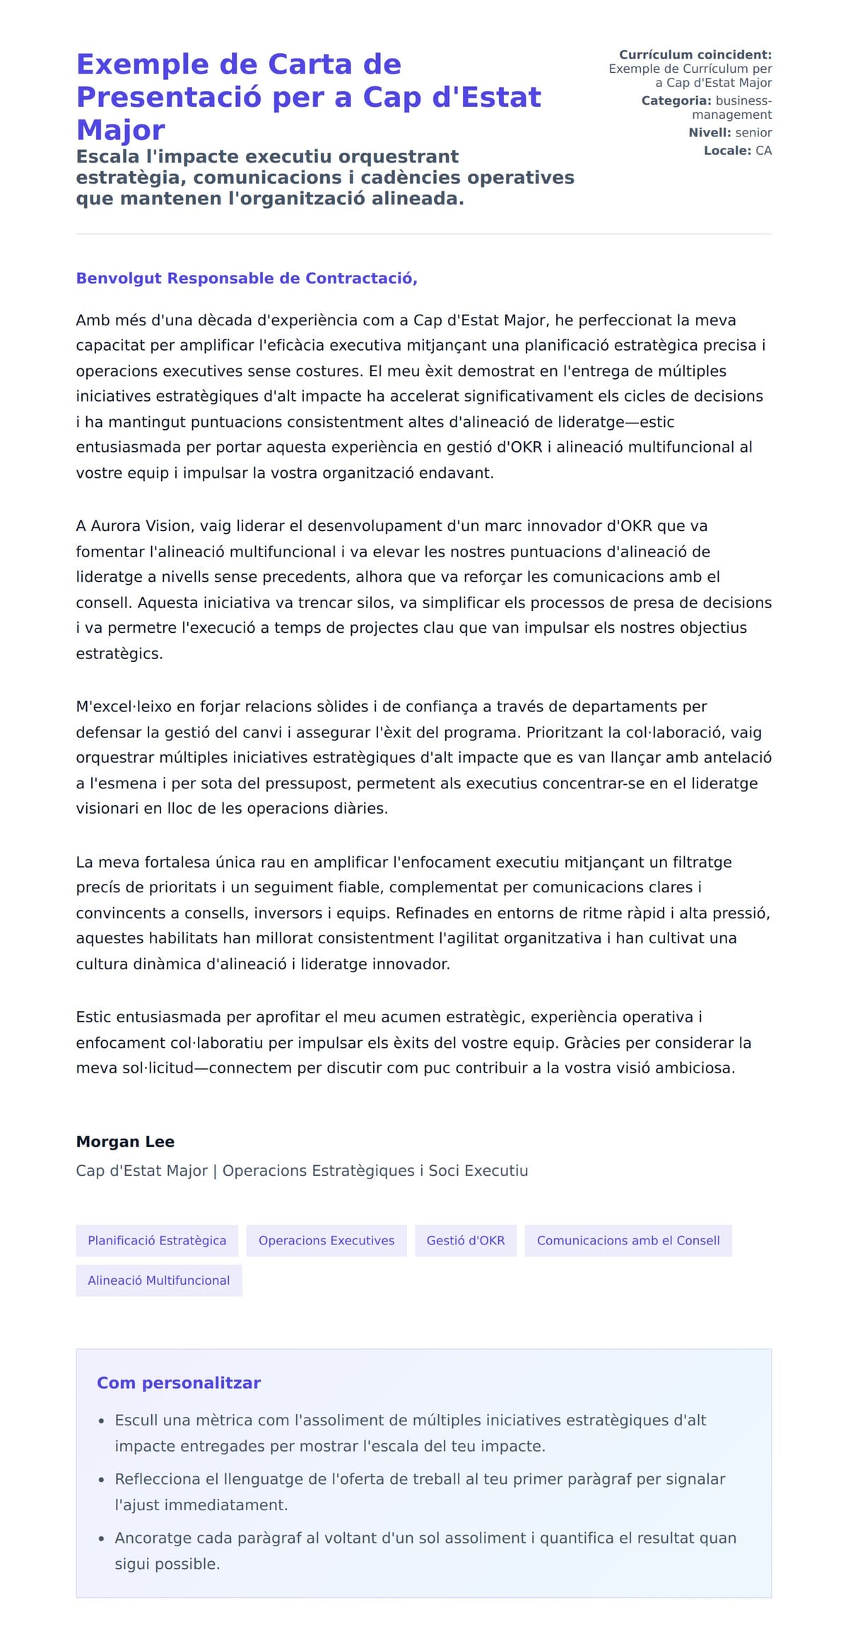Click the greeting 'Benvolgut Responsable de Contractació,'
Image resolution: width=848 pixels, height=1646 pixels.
pyautogui.click(x=247, y=279)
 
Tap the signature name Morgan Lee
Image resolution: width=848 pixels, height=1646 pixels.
pyautogui.click(x=125, y=1141)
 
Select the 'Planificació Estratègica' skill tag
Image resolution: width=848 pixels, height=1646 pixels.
pyautogui.click(x=157, y=1240)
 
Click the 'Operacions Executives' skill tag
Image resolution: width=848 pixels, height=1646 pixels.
pyautogui.click(x=326, y=1240)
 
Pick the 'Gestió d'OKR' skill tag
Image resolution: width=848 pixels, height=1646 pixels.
pyautogui.click(x=466, y=1240)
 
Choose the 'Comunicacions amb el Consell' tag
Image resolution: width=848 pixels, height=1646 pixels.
pyautogui.click(x=628, y=1240)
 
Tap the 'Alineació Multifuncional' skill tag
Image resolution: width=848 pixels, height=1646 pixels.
pyautogui.click(x=159, y=1280)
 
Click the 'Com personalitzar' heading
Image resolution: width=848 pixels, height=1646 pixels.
pyautogui.click(x=179, y=1382)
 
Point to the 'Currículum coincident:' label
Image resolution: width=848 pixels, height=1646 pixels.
pyautogui.click(x=695, y=55)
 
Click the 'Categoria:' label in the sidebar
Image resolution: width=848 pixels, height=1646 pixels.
pyautogui.click(x=676, y=101)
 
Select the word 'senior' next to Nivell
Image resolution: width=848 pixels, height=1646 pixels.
pyautogui.click(x=753, y=133)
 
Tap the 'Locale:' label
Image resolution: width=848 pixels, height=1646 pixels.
pyautogui.click(x=727, y=151)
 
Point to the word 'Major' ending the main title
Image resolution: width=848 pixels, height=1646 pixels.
pyautogui.click(x=121, y=130)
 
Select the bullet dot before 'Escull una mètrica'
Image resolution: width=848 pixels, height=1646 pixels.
pyautogui.click(x=102, y=1421)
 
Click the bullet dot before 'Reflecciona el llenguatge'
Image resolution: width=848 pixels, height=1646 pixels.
pyautogui.click(x=102, y=1480)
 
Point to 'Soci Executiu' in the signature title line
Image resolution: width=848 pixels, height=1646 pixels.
pyautogui.click(x=478, y=1170)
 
